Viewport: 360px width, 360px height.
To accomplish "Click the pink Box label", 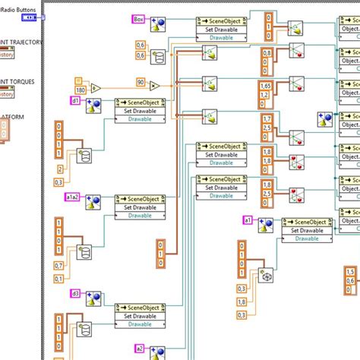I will click(x=138, y=18).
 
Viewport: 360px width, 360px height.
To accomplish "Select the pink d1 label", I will click(x=75, y=99).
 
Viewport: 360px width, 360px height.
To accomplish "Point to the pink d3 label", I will click(x=75, y=293).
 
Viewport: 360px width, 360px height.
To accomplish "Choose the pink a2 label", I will click(x=139, y=348).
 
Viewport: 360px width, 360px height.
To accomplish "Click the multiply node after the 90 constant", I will click(x=155, y=86).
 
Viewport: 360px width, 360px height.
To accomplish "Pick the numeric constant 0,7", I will click(x=58, y=265).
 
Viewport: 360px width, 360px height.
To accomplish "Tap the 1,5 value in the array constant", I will click(x=350, y=271).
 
